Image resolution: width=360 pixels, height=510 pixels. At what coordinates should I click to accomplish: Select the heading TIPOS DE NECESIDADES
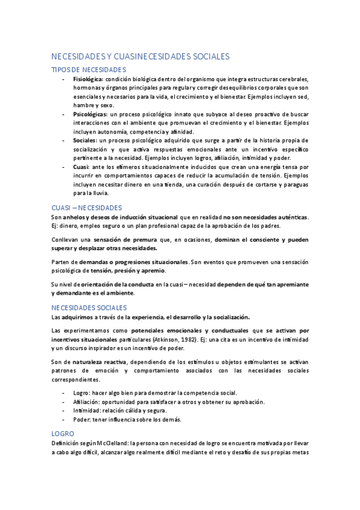coord(88,70)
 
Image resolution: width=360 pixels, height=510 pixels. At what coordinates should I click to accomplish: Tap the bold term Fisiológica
coord(88,79)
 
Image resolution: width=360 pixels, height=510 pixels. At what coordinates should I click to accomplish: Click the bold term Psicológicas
coord(90,114)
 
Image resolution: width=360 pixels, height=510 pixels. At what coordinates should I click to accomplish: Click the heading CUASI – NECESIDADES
coord(87,207)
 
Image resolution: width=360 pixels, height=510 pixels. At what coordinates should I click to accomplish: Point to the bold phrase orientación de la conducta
coord(111,284)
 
